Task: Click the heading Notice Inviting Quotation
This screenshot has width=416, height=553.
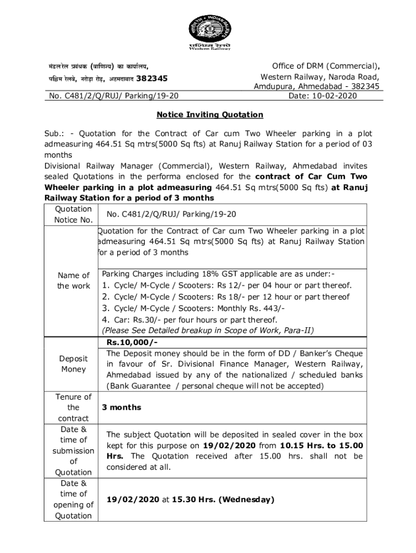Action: [210, 115]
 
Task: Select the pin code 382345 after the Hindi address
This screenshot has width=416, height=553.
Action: [152, 79]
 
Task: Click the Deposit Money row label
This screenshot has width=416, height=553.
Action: [73, 364]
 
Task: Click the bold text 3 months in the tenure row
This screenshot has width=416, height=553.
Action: [124, 408]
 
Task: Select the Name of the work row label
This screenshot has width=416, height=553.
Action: [73, 281]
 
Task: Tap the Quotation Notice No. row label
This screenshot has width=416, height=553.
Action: [73, 214]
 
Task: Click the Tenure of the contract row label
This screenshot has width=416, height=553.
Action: [73, 408]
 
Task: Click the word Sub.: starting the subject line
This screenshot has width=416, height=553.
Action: [56, 133]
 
